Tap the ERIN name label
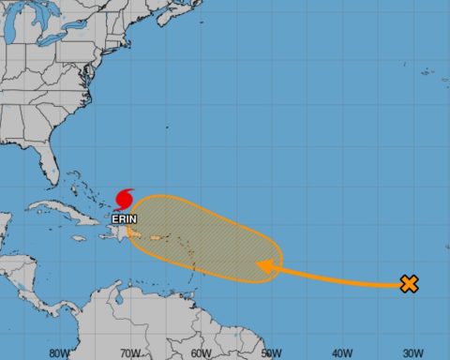pyautogui.click(x=123, y=218)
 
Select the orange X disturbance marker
pyautogui.click(x=409, y=283)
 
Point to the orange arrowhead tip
pyautogui.click(x=259, y=269)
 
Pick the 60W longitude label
pyautogui.click(x=200, y=353)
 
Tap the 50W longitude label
pyautogui.click(x=271, y=353)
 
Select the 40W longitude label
pyautogui.click(x=341, y=353)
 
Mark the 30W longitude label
pyautogui.click(x=412, y=353)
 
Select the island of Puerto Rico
pyautogui.click(x=150, y=234)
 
